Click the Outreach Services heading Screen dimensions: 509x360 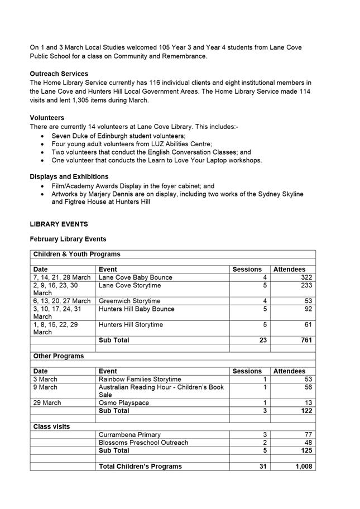[x=59, y=74]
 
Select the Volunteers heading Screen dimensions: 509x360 [x=47, y=118]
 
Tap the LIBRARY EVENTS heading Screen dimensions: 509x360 [x=59, y=224]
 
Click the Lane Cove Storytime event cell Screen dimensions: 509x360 [x=129, y=285]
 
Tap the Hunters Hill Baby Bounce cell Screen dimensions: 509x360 [x=136, y=309]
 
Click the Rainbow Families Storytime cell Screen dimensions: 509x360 [x=140, y=379]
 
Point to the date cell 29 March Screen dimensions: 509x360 [x=47, y=402]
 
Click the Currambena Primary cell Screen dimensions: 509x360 [x=129, y=434]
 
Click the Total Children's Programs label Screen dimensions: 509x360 [x=140, y=466]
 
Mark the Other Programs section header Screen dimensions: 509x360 [x=59, y=356]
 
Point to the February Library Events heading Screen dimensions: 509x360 [x=68, y=239]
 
